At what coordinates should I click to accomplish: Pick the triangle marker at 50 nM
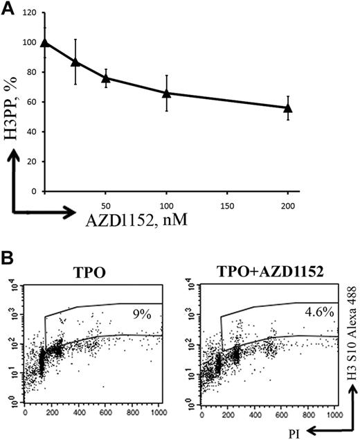[x=105, y=78]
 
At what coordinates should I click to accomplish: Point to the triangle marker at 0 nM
[x=46, y=42]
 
